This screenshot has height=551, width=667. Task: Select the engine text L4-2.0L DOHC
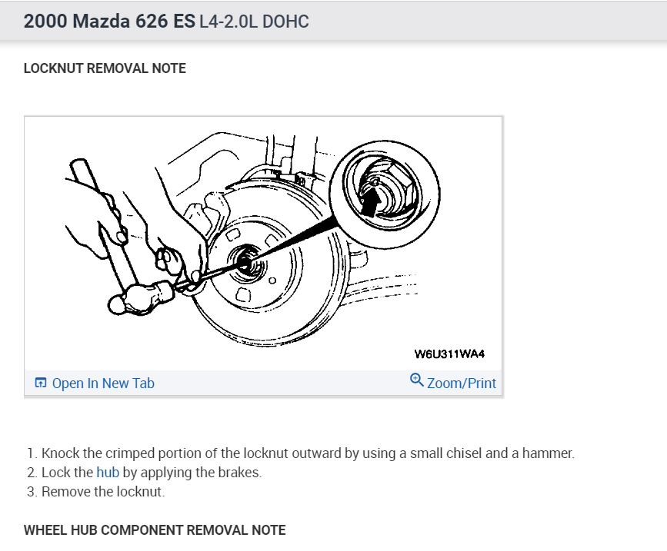[x=254, y=21]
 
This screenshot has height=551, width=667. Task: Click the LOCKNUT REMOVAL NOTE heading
[x=105, y=68]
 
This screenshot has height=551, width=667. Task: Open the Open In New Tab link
[x=103, y=383]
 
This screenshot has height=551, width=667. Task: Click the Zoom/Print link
[x=461, y=383]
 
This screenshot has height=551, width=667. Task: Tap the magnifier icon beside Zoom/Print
[x=417, y=380]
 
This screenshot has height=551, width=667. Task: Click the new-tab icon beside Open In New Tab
[x=41, y=383]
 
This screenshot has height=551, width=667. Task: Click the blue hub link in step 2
[x=108, y=473]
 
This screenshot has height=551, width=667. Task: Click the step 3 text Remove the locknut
[x=103, y=492]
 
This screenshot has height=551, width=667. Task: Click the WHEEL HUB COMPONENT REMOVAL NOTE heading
[x=155, y=530]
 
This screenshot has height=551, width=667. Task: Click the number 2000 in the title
[x=45, y=21]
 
